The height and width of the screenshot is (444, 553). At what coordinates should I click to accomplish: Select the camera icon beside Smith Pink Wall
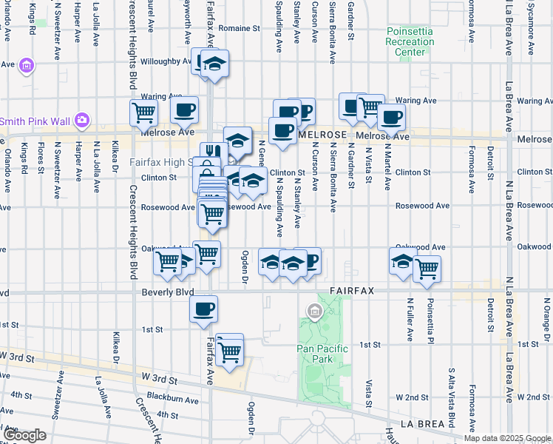pos(82,120)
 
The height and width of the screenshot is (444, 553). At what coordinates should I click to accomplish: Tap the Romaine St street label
pos(240,28)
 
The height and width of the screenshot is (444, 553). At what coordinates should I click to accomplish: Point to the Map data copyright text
pos(507,438)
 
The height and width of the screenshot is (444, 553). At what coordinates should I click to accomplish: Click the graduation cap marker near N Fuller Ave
pos(403,260)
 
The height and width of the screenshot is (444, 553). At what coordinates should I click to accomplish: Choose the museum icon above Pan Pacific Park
pos(315,311)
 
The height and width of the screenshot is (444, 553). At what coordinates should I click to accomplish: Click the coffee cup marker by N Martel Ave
pos(391,116)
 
